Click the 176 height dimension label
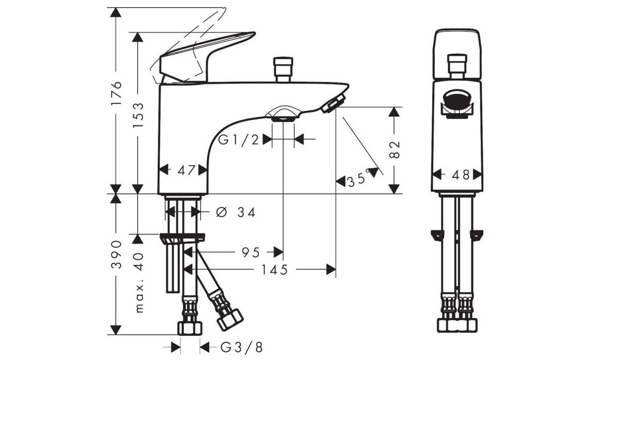pyautogui.click(x=116, y=93)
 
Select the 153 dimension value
pyautogui.click(x=138, y=115)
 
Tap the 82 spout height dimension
pyautogui.click(x=395, y=150)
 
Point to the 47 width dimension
pyautogui.click(x=186, y=170)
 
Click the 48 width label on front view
pyautogui.click(x=461, y=175)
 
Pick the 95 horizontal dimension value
pyautogui.click(x=250, y=253)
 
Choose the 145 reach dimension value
pyautogui.click(x=275, y=270)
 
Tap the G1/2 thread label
pyautogui.click(x=239, y=140)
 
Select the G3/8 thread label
pyautogui.click(x=242, y=348)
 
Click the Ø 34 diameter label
pyautogui.click(x=235, y=212)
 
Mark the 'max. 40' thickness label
pyautogui.click(x=139, y=282)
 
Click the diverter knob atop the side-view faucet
pyautogui.click(x=283, y=70)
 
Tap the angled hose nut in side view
pyautogui.click(x=230, y=320)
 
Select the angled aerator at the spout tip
pyautogui.click(x=334, y=104)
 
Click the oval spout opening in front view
pyautogui.click(x=457, y=101)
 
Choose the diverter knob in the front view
pyautogui.click(x=457, y=66)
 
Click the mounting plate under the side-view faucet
pyautogui.click(x=182, y=238)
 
